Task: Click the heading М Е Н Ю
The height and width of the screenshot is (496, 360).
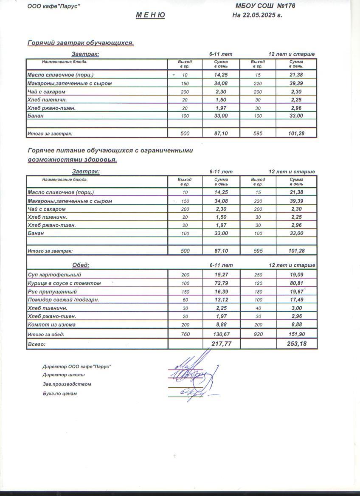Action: click(150, 15)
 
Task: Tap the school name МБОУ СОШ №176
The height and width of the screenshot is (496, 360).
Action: click(265, 6)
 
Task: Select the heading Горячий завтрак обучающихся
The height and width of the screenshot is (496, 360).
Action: click(81, 43)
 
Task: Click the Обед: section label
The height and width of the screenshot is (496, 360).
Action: click(81, 265)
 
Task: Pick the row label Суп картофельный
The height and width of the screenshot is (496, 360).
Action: click(54, 275)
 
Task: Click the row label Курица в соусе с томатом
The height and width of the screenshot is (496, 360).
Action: click(64, 283)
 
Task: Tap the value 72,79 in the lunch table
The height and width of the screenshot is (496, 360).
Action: click(221, 283)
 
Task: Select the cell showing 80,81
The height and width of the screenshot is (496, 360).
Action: click(296, 283)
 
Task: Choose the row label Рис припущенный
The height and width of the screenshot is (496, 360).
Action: click(52, 292)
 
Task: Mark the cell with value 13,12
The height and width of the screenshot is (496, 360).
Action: click(221, 300)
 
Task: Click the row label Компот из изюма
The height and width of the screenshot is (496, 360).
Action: click(52, 325)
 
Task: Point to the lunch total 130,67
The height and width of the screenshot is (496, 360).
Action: click(221, 335)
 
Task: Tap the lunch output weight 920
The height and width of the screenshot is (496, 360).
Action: click(258, 335)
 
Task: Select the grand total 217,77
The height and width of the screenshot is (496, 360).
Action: click(221, 344)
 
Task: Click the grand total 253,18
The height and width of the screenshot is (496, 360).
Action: click(296, 344)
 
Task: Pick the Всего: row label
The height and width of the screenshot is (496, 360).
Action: click(36, 344)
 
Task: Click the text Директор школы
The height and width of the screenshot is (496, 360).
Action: click(63, 375)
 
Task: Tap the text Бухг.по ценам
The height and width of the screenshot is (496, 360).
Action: click(59, 394)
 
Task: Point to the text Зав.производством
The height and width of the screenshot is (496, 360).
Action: click(67, 384)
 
